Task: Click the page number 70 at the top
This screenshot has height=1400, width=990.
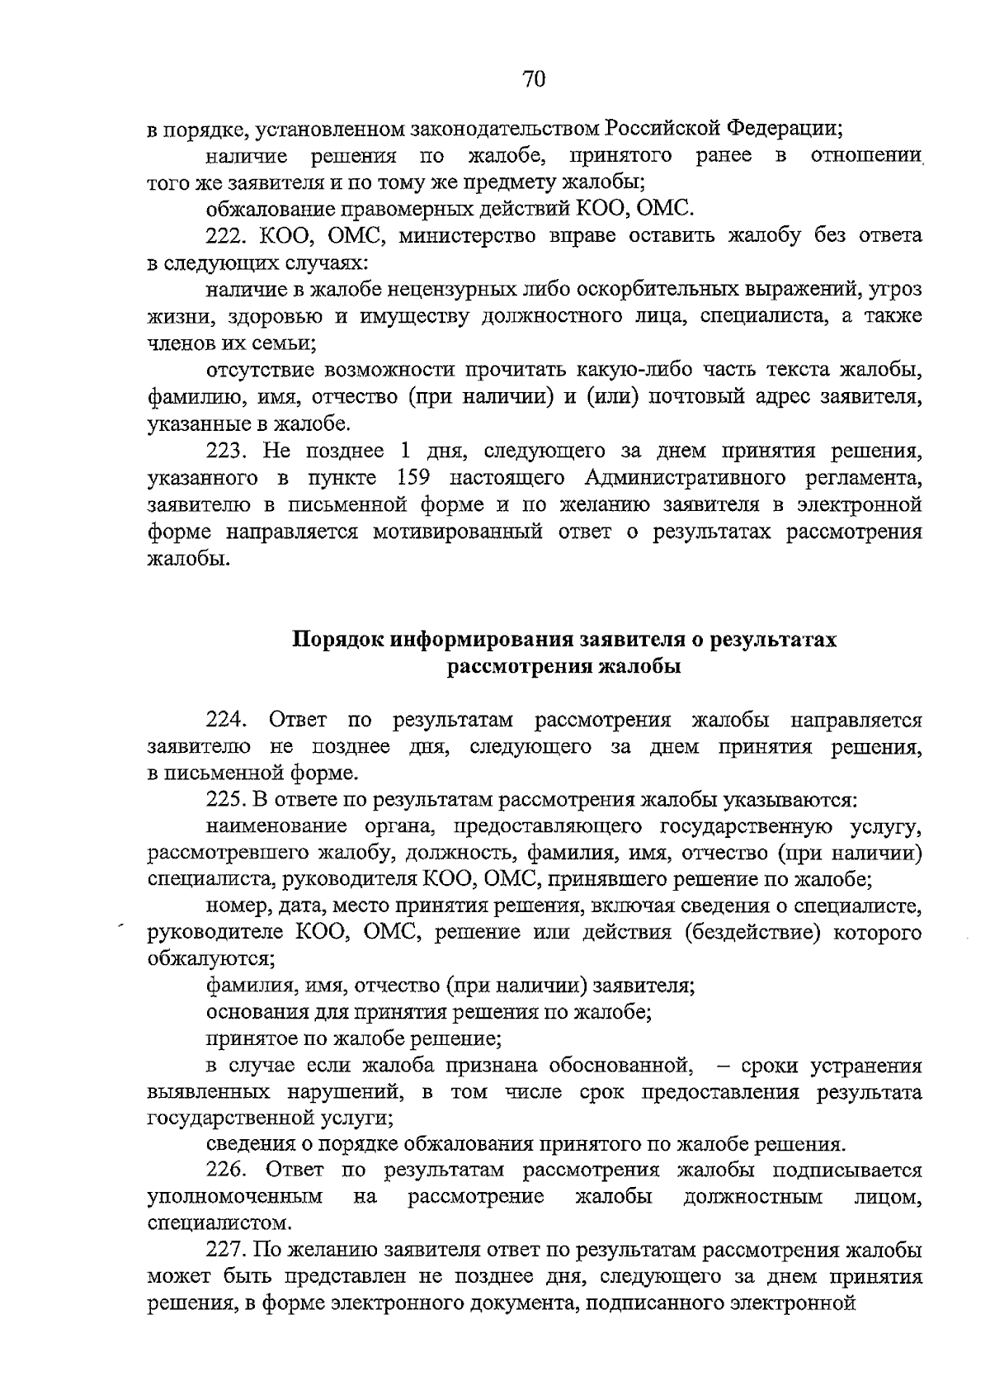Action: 534,79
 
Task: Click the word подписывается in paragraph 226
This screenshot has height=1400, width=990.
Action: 846,1171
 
